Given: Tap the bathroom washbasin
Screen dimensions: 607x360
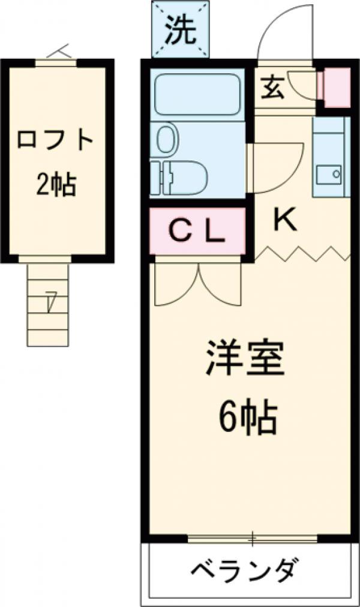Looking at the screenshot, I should (x=166, y=139).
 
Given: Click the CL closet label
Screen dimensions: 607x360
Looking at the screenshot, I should (x=196, y=231).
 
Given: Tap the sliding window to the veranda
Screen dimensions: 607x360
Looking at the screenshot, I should (x=252, y=537).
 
